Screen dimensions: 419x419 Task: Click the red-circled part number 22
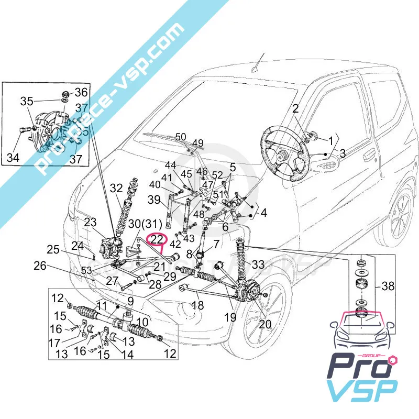(157, 239)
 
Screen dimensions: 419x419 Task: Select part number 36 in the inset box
(81, 92)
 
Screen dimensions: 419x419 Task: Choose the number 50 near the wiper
(181, 137)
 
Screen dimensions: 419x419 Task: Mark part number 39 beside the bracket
(155, 199)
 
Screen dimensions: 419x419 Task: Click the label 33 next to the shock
(259, 264)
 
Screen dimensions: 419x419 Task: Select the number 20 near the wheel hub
(265, 324)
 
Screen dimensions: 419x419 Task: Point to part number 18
(197, 305)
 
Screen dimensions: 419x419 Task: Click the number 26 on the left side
(40, 266)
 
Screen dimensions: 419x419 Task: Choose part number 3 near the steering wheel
(342, 153)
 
